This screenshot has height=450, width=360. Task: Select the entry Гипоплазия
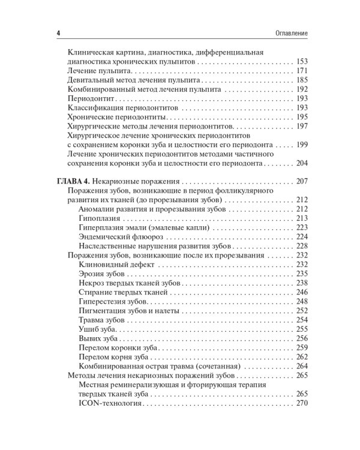[100, 218]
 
